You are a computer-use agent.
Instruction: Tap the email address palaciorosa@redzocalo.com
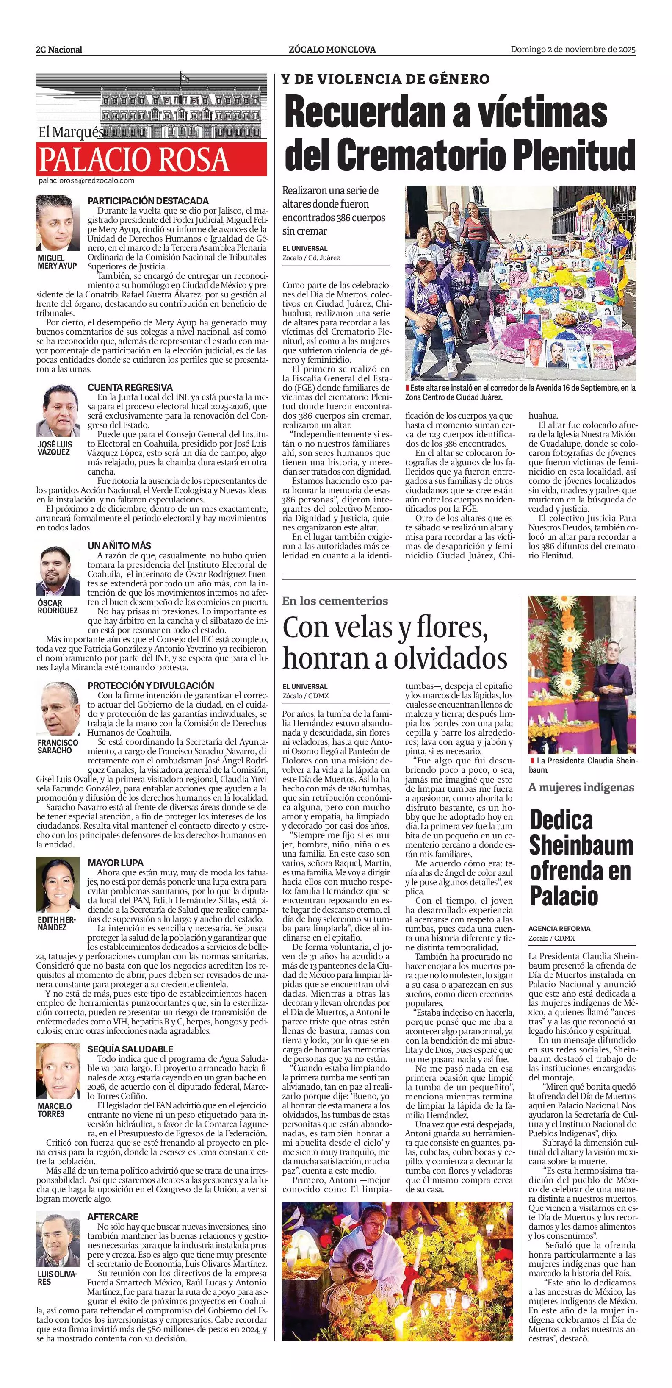tap(86, 181)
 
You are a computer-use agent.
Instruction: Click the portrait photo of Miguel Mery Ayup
tap(58, 222)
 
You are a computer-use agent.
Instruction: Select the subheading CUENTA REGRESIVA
tap(130, 387)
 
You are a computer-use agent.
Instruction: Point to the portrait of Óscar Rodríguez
tap(58, 571)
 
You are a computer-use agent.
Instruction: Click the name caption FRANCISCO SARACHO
tap(58, 746)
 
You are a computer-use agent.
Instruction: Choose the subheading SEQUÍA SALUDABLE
tap(130, 1049)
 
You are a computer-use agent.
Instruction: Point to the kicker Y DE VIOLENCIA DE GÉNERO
tap(385, 79)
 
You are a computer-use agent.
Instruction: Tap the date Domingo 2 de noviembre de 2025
tap(573, 49)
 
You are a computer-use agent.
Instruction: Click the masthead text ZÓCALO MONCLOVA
tap(332, 50)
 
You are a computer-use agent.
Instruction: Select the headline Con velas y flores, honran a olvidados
tap(395, 642)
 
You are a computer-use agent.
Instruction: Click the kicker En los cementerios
tap(335, 601)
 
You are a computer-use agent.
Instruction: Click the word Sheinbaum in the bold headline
tap(581, 845)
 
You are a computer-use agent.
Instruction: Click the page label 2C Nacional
tap(59, 50)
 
